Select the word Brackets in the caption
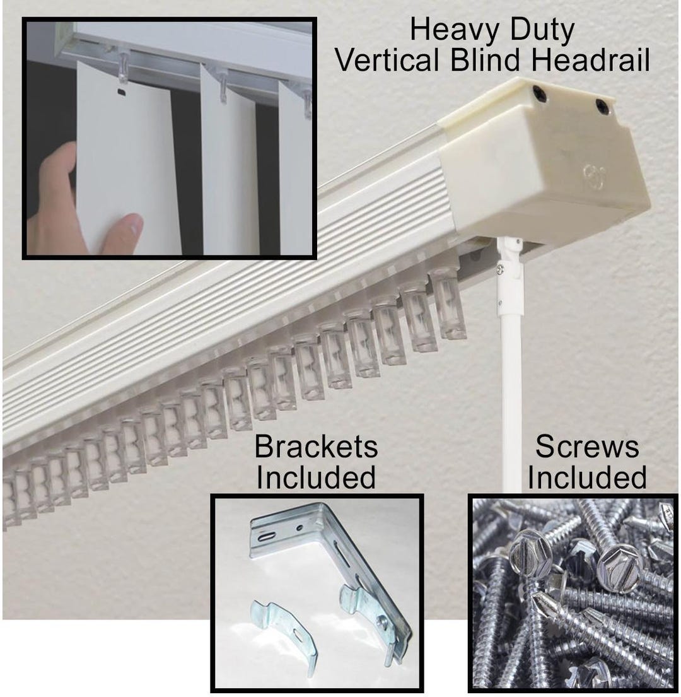[316, 447]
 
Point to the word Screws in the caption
[586, 447]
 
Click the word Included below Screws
[586, 477]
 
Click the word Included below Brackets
[316, 477]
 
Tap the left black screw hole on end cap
[540, 93]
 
